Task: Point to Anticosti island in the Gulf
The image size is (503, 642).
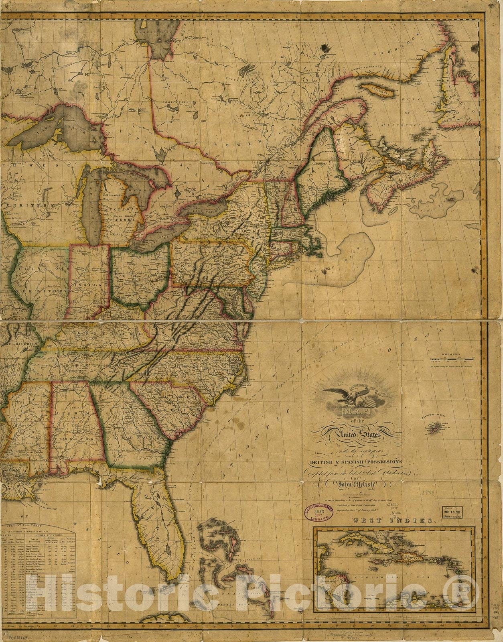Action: click(x=375, y=88)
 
